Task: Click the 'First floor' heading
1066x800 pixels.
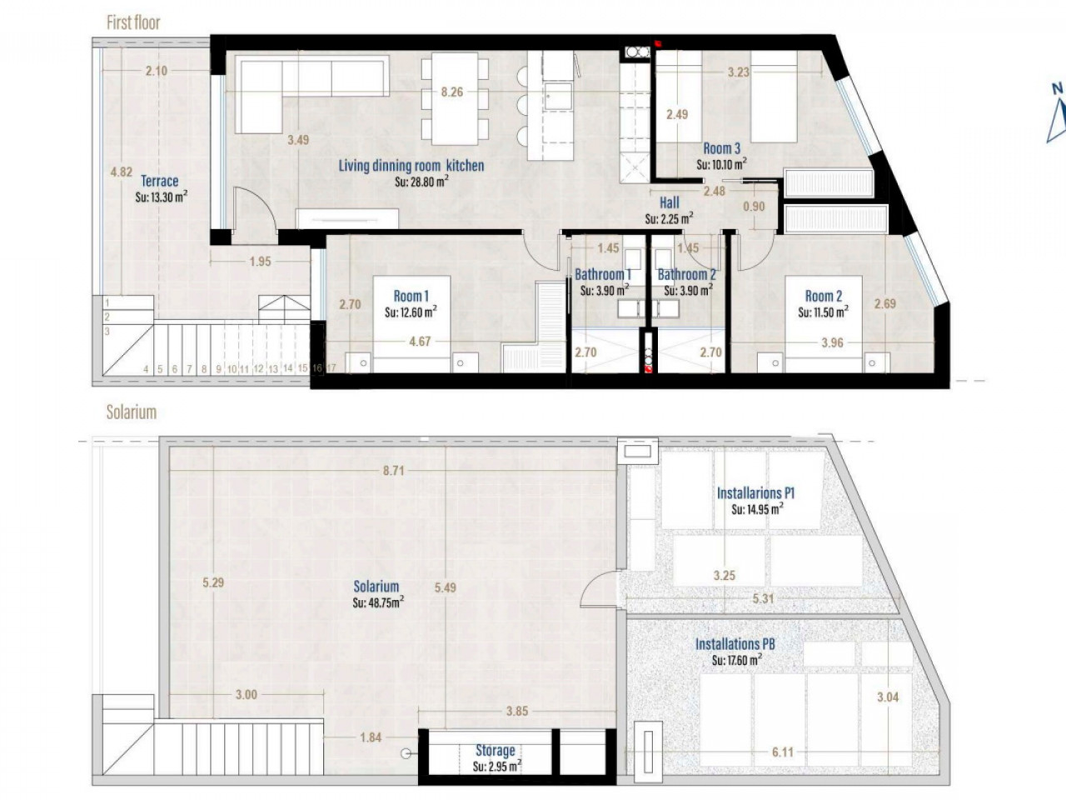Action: pos(133,22)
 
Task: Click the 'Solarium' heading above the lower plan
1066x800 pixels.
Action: pos(131,412)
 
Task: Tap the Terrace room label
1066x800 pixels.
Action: pos(160,181)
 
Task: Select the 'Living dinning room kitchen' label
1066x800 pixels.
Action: pos(411,166)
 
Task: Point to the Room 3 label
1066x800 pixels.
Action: pos(722,148)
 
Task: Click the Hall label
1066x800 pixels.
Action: pos(670,202)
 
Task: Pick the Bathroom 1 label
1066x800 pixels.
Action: pos(603,274)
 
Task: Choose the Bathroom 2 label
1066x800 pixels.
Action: pos(686,274)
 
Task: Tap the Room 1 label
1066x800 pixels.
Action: pos(411,296)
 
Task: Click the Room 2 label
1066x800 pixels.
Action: pos(823,296)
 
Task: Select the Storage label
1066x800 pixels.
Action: pos(496,751)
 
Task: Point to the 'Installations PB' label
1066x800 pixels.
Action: pos(735,644)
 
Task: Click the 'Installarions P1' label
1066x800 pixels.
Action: pos(755,493)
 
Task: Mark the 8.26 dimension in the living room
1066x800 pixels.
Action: pos(451,92)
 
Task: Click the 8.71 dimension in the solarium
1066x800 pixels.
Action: pos(393,471)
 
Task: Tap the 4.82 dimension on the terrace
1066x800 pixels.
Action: pos(122,172)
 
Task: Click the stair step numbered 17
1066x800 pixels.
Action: pos(331,367)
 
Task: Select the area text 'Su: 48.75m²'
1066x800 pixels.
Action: pos(378,602)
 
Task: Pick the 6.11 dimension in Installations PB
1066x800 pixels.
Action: pos(782,752)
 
